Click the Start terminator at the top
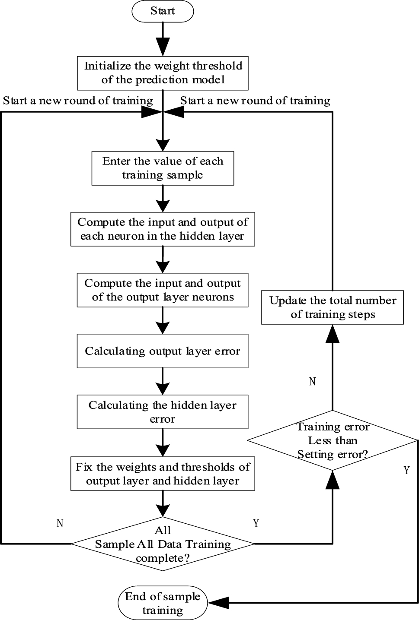click(163, 11)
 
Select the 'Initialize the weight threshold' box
click(163, 73)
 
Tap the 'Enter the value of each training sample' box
click(163, 168)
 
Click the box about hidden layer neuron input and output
click(163, 229)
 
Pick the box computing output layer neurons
click(163, 290)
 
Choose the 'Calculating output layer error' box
click(163, 351)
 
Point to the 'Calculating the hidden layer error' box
click(163, 411)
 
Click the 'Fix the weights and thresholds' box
click(163, 474)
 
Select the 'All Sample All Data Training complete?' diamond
click(163, 544)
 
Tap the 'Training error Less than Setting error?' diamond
click(333, 440)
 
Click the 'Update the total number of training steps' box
click(333, 307)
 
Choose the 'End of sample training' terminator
click(163, 603)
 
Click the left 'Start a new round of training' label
click(78, 101)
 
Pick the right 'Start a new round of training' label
click(255, 101)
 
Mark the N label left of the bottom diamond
click(60, 523)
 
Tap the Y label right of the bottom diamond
click(256, 523)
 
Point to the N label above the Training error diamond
click(312, 381)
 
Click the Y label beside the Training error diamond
click(406, 470)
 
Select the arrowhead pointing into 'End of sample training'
click(218, 603)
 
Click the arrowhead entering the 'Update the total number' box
click(333, 333)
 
